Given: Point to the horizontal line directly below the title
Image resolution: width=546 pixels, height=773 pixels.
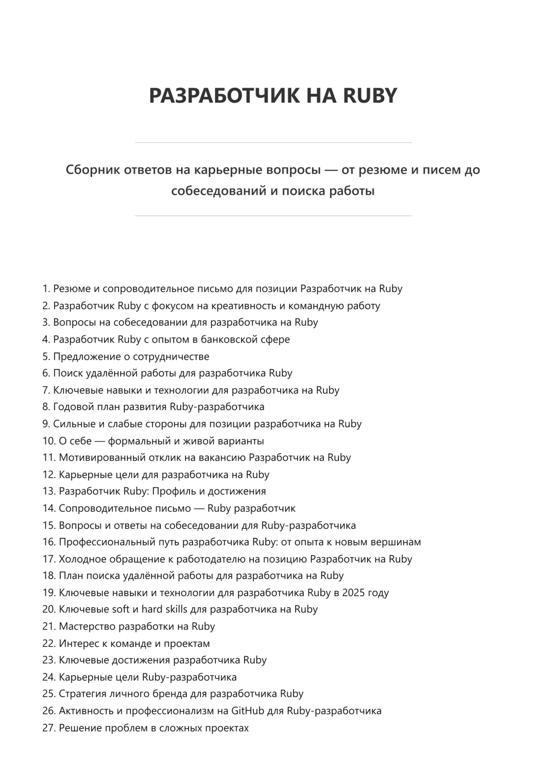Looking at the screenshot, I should point(273,142).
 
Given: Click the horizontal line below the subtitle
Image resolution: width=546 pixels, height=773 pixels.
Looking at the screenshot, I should point(273,216).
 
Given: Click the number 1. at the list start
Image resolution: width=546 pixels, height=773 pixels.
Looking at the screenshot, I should point(46,289).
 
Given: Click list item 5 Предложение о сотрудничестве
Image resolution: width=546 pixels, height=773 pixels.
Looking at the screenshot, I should point(131,356).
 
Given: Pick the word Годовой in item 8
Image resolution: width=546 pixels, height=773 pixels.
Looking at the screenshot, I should point(70,407).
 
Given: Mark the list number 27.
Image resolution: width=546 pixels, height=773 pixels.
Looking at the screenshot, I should point(49,728).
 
